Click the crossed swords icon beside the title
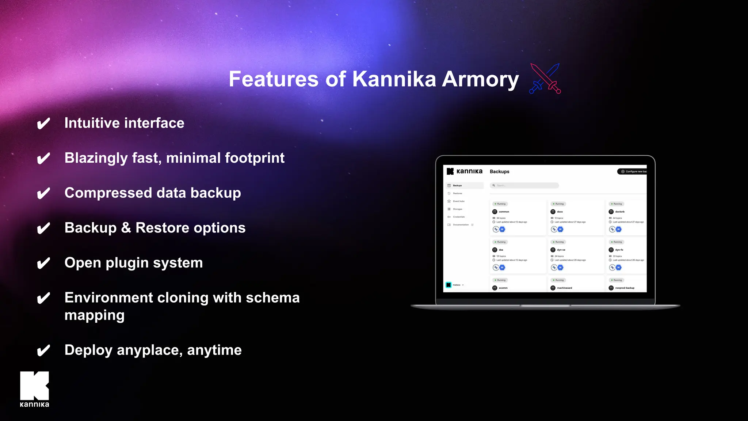[545, 79]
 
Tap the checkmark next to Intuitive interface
[43, 124]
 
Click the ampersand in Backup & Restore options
[126, 228]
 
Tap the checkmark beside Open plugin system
[43, 263]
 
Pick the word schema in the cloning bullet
[272, 298]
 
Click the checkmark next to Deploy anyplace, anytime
[43, 351]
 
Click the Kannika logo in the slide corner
[34, 389]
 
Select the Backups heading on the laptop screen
[499, 171]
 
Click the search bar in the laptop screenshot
[524, 185]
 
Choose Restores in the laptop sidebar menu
[457, 193]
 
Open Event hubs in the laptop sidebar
[458, 201]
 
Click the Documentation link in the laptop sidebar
[461, 225]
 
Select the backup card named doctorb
[626, 217]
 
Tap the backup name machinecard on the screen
[564, 288]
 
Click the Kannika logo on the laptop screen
[465, 171]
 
